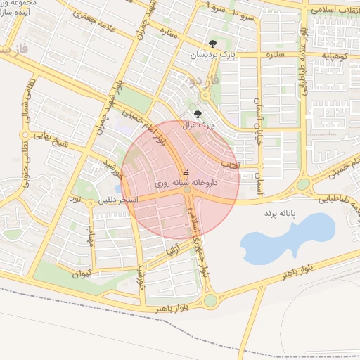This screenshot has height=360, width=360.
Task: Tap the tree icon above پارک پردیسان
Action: point(213,43)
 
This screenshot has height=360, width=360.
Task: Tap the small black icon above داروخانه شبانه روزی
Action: point(186,171)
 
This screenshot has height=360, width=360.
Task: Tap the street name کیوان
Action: point(80,274)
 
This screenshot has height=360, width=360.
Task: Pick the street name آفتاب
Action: point(230,164)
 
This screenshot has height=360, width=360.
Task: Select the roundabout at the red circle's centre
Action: point(187,191)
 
